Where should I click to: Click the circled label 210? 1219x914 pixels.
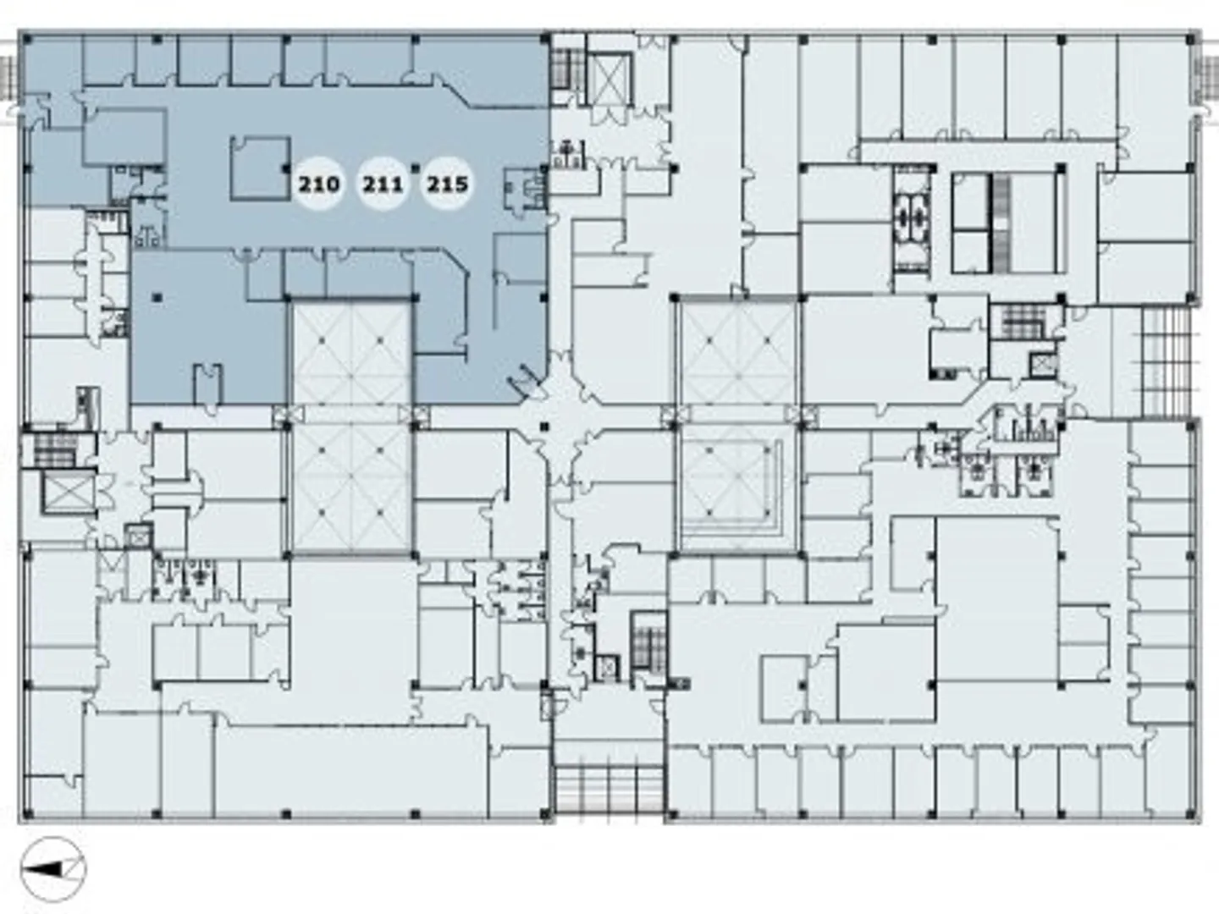(318, 184)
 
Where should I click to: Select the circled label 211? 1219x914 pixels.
(383, 184)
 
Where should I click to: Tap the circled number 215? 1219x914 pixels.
(447, 184)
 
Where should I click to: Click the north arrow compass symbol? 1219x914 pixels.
(53, 868)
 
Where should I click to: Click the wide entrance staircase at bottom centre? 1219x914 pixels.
(608, 790)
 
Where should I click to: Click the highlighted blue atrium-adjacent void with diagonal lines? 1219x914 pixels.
(351, 351)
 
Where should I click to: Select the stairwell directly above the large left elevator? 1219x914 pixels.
(55, 449)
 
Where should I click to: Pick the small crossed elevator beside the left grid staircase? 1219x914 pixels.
(1041, 364)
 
